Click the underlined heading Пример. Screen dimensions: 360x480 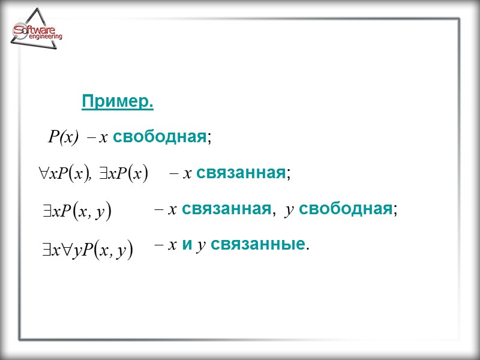(x=118, y=103)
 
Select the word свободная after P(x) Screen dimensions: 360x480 (x=159, y=137)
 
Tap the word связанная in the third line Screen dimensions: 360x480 (x=225, y=209)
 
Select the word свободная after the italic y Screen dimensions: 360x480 (x=345, y=209)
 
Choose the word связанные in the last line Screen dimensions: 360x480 (x=258, y=245)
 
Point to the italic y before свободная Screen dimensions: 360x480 (x=289, y=210)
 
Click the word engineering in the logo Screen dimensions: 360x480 (x=45, y=37)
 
